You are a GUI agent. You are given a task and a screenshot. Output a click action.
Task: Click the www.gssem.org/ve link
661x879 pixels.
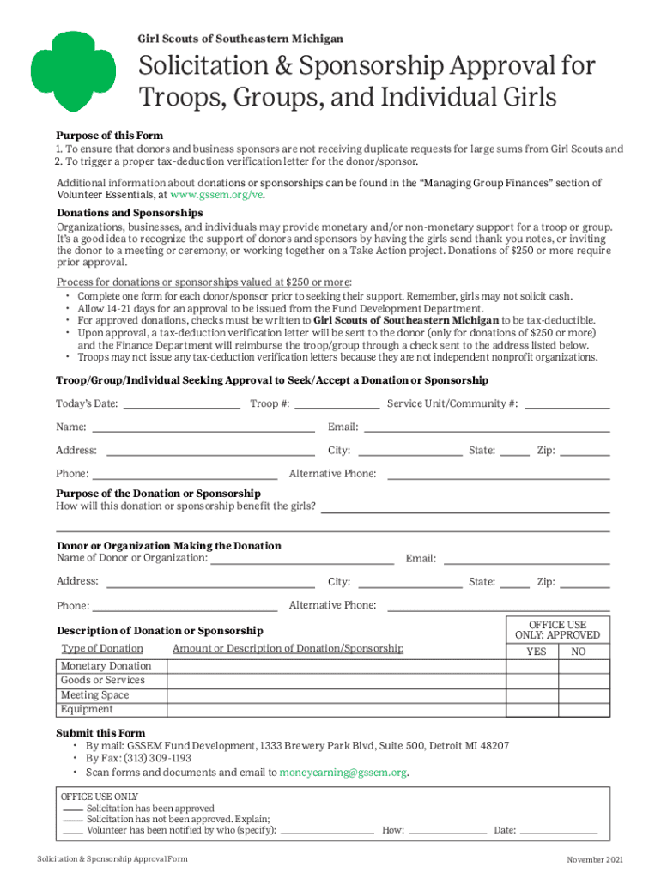(x=218, y=196)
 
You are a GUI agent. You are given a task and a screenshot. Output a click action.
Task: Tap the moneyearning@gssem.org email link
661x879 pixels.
(x=343, y=773)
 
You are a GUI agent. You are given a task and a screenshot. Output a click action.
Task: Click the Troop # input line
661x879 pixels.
(x=337, y=403)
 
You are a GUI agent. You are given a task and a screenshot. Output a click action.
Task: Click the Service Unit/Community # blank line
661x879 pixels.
(x=567, y=403)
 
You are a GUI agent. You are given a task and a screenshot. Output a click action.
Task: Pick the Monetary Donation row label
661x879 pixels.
(x=106, y=666)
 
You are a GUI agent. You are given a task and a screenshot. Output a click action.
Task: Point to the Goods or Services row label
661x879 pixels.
(x=102, y=681)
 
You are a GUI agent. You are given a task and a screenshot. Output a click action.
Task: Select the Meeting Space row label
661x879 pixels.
(x=94, y=695)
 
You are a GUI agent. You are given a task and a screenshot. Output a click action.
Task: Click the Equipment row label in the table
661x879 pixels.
(x=86, y=710)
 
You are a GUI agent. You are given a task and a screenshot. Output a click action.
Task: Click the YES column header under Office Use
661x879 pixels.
(x=536, y=652)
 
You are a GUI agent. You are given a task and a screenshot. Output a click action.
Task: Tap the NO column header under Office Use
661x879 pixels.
(x=579, y=652)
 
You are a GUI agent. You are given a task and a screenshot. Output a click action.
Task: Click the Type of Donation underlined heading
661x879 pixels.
(x=102, y=649)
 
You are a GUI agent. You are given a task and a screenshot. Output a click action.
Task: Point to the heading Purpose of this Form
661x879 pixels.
(x=109, y=136)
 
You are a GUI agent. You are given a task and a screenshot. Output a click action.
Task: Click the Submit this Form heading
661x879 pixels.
(x=100, y=733)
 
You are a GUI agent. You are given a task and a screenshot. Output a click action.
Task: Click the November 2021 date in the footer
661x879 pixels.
(x=596, y=860)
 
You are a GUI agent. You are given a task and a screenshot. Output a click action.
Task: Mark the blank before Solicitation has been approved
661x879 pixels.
(x=72, y=809)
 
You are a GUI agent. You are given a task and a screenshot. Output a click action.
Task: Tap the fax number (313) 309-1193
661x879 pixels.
(x=155, y=759)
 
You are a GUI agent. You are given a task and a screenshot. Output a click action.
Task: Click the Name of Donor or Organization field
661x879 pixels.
(x=302, y=559)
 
